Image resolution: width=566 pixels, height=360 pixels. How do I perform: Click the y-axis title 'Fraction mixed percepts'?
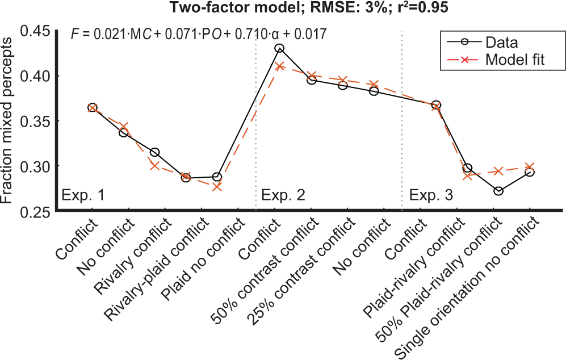[10, 120]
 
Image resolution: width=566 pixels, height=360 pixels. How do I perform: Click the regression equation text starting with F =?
[198, 34]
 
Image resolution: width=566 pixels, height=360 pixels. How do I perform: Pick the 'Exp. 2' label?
[283, 196]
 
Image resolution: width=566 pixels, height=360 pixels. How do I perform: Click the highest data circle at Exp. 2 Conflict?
[279, 48]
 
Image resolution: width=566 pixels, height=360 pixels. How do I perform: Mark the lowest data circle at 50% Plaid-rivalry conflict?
[498, 191]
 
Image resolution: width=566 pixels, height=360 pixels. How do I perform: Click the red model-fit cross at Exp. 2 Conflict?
[279, 66]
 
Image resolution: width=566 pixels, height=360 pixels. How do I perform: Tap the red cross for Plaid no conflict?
[217, 186]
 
